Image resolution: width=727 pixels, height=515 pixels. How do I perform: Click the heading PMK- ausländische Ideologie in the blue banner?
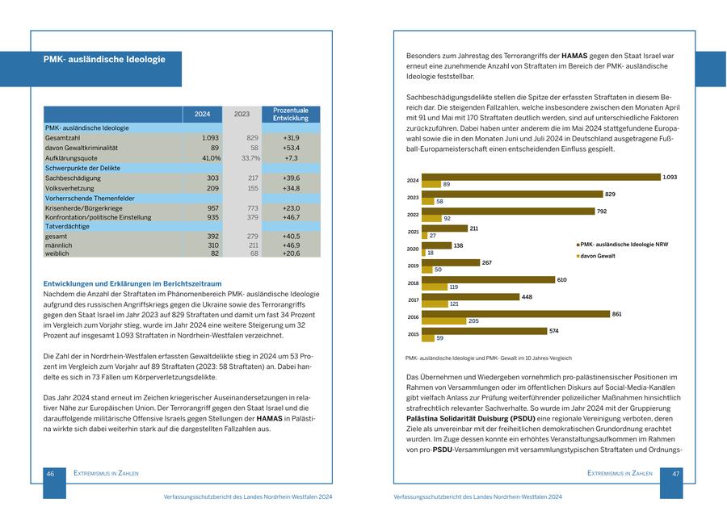pyautogui.click(x=104, y=60)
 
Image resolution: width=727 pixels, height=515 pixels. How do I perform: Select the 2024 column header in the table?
pyautogui.click(x=202, y=114)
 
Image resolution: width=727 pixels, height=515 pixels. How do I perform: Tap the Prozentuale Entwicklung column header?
pyautogui.click(x=291, y=114)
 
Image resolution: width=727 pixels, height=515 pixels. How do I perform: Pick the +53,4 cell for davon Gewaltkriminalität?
pyautogui.click(x=291, y=149)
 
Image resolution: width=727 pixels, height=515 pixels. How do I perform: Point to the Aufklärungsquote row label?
pyautogui.click(x=72, y=158)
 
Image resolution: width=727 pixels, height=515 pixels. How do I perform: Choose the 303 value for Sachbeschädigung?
pyautogui.click(x=212, y=178)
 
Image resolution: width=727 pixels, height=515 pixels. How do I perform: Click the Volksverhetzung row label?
pyautogui.click(x=70, y=188)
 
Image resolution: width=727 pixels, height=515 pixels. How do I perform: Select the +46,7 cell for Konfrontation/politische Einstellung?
pyautogui.click(x=291, y=217)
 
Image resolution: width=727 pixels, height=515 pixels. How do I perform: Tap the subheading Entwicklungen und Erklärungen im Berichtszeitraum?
pyautogui.click(x=132, y=283)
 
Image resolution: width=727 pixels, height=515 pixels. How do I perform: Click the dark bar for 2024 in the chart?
pyautogui.click(x=540, y=177)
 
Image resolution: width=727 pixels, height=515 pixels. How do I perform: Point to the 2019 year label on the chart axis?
pyautogui.click(x=413, y=266)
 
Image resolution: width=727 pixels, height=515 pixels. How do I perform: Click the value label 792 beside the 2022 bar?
pyautogui.click(x=602, y=211)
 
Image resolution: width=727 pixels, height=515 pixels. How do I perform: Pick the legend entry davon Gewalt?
pyautogui.click(x=598, y=255)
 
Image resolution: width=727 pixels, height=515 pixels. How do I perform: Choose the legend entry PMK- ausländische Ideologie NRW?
pyautogui.click(x=622, y=244)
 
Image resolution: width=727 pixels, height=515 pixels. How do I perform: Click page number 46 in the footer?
pyautogui.click(x=50, y=474)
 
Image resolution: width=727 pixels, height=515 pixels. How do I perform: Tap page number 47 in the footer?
pyautogui.click(x=677, y=474)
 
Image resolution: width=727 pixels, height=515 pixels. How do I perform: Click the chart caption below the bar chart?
pyautogui.click(x=488, y=358)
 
